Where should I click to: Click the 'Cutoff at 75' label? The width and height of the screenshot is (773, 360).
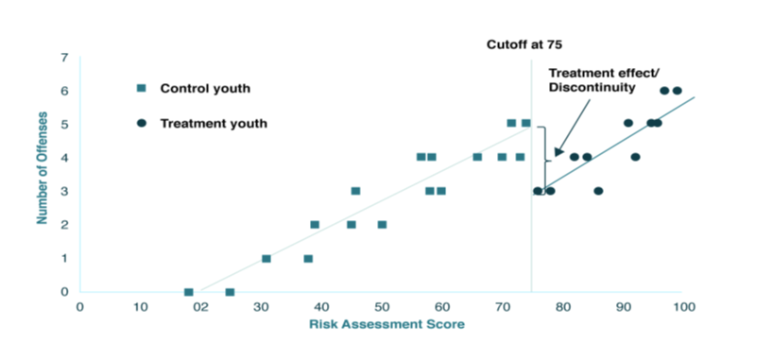524,43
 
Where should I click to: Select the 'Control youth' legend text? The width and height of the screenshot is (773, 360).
205,88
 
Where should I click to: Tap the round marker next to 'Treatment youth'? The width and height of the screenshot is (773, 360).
141,123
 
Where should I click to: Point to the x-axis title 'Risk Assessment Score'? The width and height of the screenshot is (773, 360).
386,325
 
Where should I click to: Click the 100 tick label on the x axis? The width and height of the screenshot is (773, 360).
684,307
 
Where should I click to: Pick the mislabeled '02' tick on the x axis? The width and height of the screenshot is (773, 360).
201,307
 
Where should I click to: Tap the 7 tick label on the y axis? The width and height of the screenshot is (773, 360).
64,58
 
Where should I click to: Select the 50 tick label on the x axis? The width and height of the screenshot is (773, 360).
382,307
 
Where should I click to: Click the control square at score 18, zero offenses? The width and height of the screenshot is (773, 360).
188,292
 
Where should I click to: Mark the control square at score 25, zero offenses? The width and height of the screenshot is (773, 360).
230,292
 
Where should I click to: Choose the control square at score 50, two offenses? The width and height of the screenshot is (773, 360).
382,225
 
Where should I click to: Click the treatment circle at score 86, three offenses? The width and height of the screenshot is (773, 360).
598,191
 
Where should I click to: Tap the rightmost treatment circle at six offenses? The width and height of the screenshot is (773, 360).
678,91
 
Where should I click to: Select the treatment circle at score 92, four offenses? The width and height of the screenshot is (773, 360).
635,157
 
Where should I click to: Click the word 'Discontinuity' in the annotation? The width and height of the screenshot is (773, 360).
592,88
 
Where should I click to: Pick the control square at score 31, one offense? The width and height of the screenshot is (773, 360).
266,258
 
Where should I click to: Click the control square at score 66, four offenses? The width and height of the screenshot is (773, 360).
477,157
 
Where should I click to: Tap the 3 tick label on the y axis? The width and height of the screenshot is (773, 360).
64,192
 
